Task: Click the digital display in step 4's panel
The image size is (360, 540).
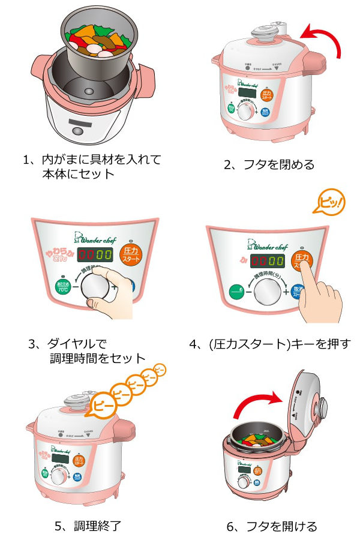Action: (268, 261)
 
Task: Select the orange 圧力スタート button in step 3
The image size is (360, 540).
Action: (131, 255)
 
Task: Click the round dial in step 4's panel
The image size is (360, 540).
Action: (268, 293)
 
